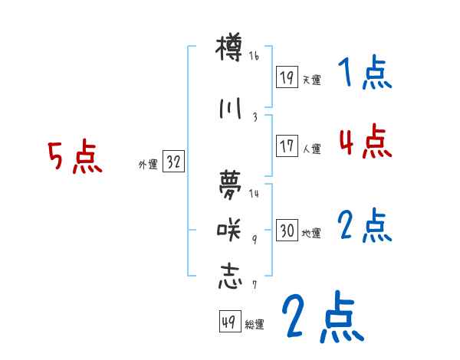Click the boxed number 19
[287, 77]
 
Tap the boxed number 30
[287, 231]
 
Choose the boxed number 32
[173, 162]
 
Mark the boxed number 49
[228, 322]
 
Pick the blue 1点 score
[364, 74]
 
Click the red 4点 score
[364, 142]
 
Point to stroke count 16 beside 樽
[255, 56]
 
